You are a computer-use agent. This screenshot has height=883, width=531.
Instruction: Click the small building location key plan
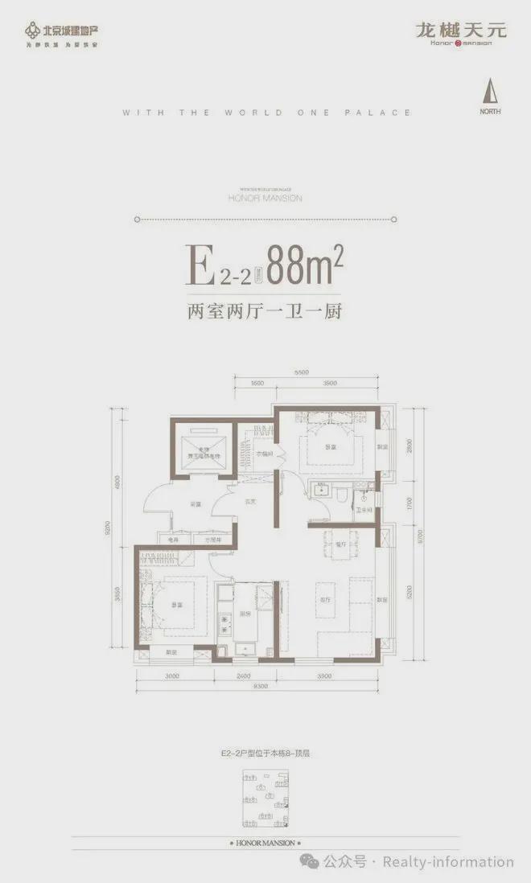click(265, 800)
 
